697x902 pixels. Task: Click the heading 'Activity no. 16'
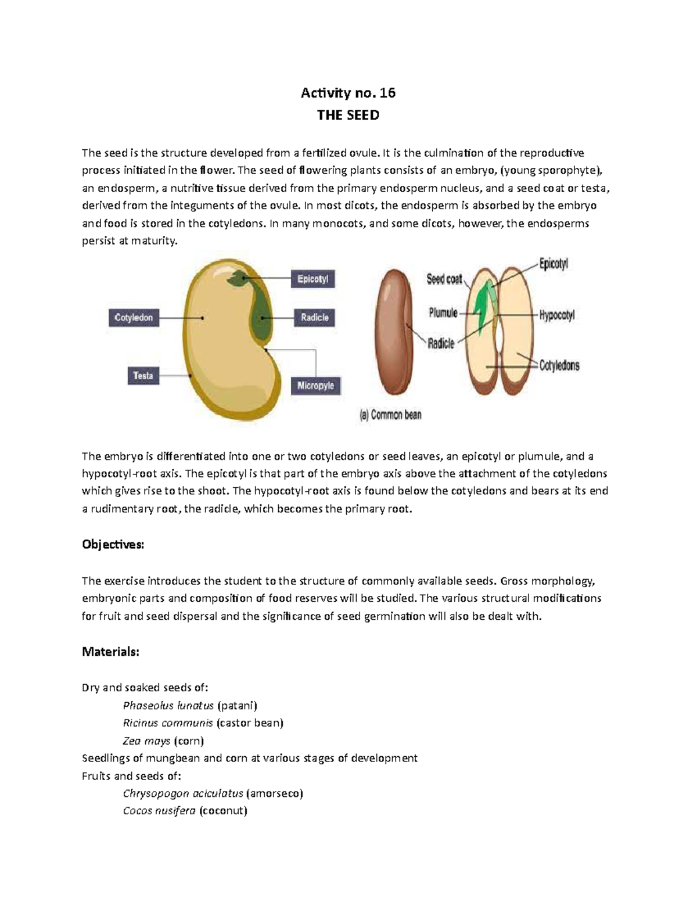click(347, 92)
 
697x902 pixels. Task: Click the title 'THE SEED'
click(347, 115)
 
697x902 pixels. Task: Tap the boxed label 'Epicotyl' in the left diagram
click(312, 279)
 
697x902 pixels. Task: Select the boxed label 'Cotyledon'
click(134, 318)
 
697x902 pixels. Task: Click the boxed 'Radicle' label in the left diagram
click(314, 318)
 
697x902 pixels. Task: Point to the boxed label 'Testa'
click(143, 376)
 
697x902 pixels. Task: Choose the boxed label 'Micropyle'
click(315, 386)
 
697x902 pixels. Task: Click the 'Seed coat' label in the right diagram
click(444, 279)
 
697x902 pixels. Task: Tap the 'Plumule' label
click(443, 313)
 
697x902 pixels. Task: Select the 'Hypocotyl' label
click(556, 316)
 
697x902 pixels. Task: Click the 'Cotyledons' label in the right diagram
click(559, 366)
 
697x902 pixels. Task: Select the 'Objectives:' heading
click(113, 545)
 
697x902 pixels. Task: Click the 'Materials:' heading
click(110, 652)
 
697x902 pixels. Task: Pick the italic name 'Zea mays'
click(146, 741)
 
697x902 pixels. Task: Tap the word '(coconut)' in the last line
click(223, 811)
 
